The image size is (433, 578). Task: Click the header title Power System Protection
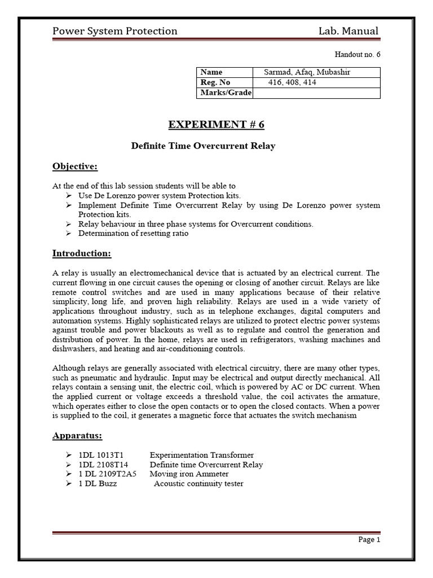coord(114,31)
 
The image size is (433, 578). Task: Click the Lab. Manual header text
coord(348,31)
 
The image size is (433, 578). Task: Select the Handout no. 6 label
coord(358,54)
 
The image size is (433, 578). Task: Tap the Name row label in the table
coord(211,72)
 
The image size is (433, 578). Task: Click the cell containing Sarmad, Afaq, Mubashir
coord(307,72)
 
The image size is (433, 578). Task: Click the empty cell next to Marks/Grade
coord(316,93)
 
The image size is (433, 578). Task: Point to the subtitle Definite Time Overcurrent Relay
coord(203,146)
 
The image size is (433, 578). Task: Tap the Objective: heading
coord(75,166)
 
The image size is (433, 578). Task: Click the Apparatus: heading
coord(78,436)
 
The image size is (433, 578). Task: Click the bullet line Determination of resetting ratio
coord(133,233)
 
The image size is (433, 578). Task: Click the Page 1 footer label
coord(370,540)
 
